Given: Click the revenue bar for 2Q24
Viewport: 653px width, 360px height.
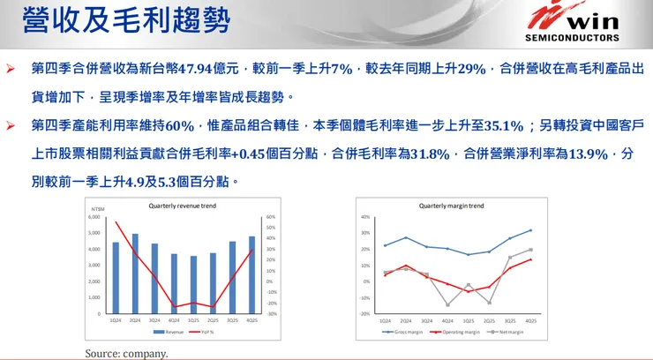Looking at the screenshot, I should (x=135, y=274).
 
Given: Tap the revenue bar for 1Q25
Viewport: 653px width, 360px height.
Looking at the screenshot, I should (x=193, y=284).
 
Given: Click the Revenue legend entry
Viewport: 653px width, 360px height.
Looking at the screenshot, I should (x=171, y=333).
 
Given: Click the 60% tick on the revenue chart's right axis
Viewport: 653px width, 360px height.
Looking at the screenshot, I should (x=271, y=216).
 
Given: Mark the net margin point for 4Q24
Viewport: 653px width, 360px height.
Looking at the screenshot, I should (x=447, y=304).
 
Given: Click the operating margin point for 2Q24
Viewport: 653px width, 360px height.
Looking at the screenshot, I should (x=405, y=266).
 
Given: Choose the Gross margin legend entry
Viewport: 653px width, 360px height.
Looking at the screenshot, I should (x=402, y=333).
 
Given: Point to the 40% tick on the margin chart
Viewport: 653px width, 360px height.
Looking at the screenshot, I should (x=365, y=216).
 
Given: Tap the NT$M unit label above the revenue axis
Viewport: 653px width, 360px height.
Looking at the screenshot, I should (x=97, y=208).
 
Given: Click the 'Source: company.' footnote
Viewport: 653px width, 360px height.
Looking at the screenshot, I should (x=126, y=353).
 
